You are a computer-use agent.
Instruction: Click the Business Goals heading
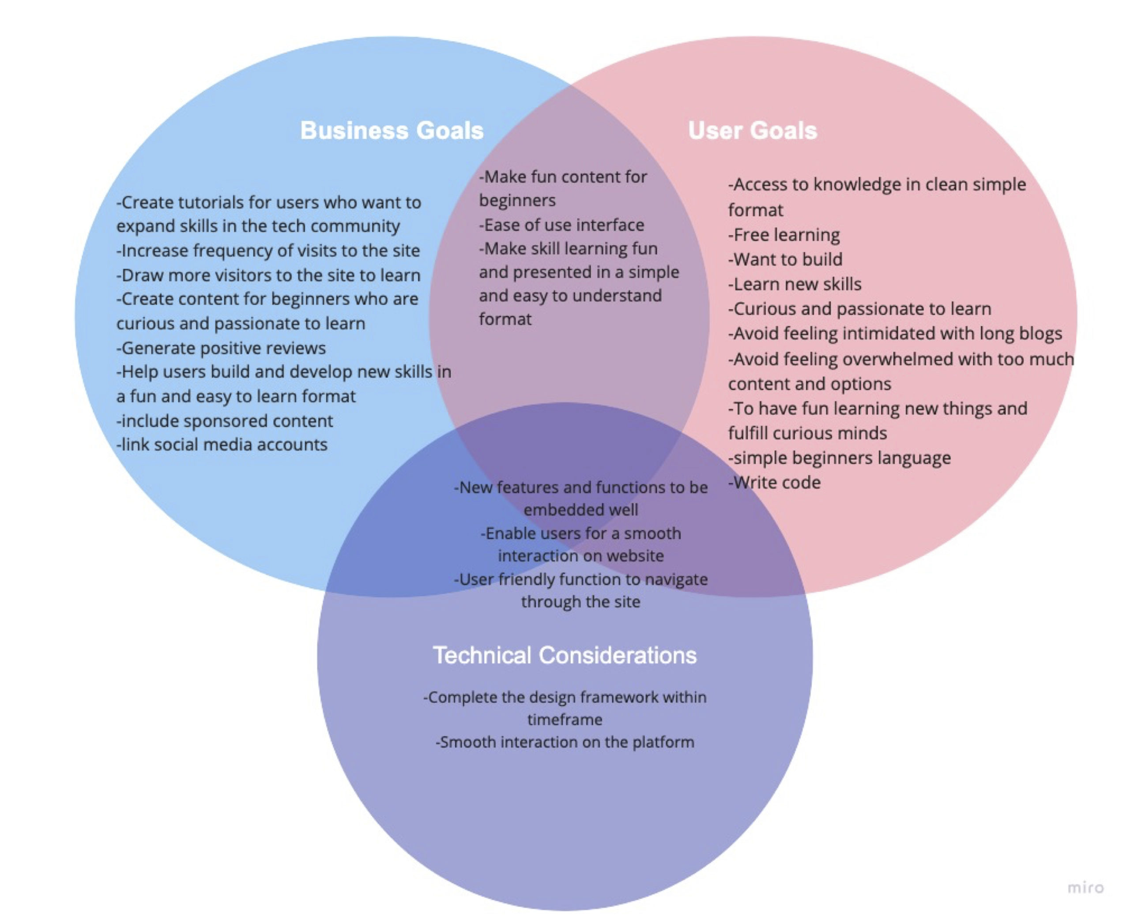coord(392,131)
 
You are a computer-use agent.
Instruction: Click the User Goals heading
coord(753,131)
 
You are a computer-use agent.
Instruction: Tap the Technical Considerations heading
coord(565,655)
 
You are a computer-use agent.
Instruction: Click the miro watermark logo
coord(1085,887)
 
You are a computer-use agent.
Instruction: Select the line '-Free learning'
coord(783,235)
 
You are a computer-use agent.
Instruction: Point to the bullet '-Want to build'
coord(785,259)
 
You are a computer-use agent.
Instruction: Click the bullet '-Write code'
coord(774,482)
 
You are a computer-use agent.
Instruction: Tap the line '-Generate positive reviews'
coord(221,348)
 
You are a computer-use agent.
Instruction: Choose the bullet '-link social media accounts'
coord(222,444)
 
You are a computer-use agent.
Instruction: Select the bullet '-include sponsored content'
coord(225,421)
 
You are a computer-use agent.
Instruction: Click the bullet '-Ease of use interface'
coord(561,225)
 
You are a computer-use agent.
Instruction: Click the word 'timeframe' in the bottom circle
coord(565,720)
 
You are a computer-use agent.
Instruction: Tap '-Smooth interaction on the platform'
coord(565,742)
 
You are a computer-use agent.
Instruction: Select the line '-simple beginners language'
coord(839,458)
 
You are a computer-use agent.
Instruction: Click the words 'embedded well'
coord(581,510)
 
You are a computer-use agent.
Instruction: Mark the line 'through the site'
coord(581,602)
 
